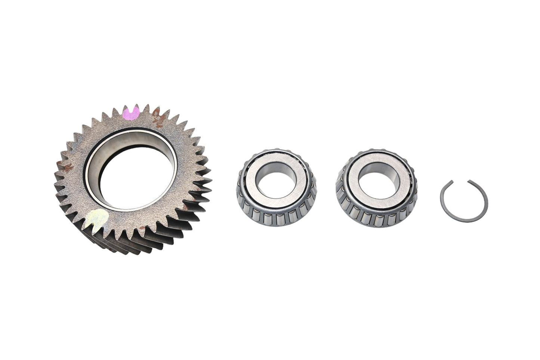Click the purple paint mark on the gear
click(131, 113)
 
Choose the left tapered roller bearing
click(277, 187)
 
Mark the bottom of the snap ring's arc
click(464, 225)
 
